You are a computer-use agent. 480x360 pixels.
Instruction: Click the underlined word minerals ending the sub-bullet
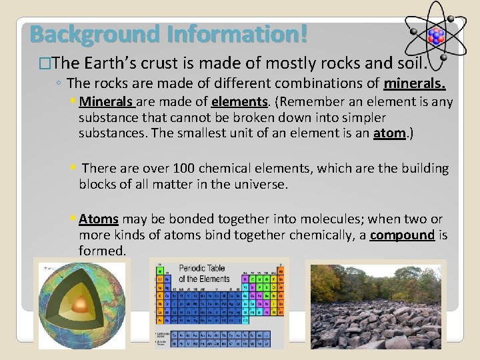[414, 84]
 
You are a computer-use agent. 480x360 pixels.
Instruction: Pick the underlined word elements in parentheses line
[239, 102]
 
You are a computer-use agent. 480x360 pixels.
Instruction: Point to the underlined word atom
[389, 133]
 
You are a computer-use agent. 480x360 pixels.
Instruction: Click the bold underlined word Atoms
[98, 219]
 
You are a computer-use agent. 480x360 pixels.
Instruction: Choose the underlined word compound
[402, 235]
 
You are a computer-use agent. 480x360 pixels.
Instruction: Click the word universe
[261, 185]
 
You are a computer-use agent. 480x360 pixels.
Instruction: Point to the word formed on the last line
[101, 251]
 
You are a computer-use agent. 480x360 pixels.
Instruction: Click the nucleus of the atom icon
[437, 35]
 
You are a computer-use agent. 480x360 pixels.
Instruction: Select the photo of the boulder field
[375, 303]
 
